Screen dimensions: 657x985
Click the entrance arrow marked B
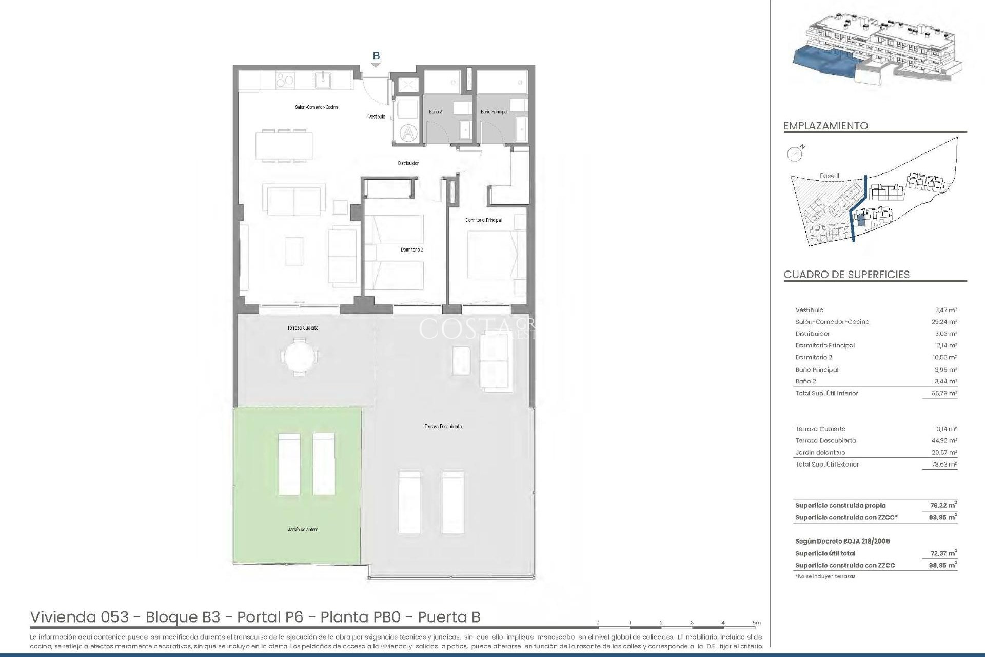[376, 65]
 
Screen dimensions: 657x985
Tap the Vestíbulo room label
[377, 117]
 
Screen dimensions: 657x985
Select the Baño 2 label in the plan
[435, 111]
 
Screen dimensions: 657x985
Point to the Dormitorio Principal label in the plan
[483, 220]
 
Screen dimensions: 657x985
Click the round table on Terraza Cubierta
[300, 355]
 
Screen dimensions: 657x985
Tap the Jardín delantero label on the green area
[303, 529]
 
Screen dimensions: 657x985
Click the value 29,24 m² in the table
[945, 322]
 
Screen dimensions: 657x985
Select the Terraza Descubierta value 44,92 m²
[945, 440]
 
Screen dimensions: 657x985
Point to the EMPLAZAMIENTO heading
[825, 126]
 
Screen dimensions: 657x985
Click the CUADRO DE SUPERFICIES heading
[846, 274]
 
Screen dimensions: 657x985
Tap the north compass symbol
[795, 152]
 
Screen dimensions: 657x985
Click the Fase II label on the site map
[830, 176]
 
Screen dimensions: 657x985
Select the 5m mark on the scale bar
[756, 623]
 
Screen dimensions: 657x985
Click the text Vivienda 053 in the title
[80, 616]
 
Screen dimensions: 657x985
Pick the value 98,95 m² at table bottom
[945, 565]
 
